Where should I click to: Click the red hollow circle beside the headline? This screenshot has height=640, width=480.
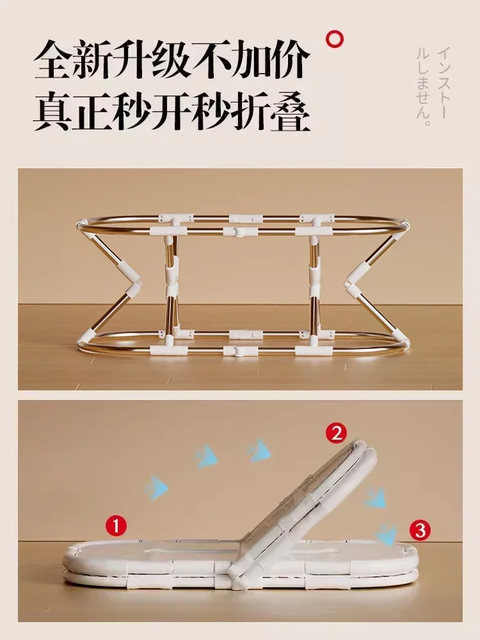[x=335, y=39]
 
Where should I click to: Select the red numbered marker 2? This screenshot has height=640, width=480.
[x=337, y=433]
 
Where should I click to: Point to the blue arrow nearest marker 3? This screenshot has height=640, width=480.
[x=386, y=532]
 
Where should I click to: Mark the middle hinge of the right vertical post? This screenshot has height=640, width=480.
[x=314, y=282]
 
